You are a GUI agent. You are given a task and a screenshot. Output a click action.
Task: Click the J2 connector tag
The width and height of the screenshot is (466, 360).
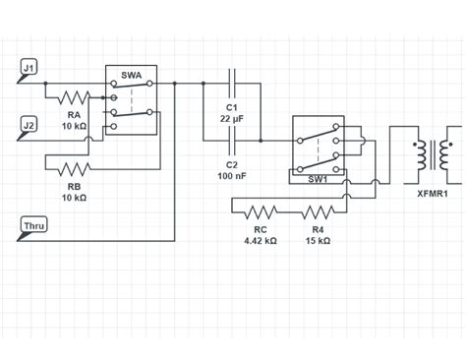pyautogui.click(x=29, y=125)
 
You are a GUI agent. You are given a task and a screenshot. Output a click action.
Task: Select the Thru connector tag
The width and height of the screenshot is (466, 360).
pyautogui.click(x=33, y=226)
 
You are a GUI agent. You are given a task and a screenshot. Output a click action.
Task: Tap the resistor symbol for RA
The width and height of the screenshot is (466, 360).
pyautogui.click(x=74, y=97)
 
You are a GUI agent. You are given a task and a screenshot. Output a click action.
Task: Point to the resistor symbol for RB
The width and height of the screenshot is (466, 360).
pyautogui.click(x=74, y=169)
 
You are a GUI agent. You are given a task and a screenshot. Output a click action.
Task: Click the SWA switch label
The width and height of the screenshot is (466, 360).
pyautogui.click(x=131, y=75)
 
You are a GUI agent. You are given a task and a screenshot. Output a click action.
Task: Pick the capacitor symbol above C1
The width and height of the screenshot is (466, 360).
pyautogui.click(x=232, y=84)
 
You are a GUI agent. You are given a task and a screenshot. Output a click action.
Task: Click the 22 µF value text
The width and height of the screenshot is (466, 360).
pyautogui.click(x=232, y=118)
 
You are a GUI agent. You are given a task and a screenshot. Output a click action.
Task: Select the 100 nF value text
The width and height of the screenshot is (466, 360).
pyautogui.click(x=232, y=176)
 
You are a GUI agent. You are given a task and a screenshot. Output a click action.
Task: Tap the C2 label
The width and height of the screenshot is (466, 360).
pyautogui.click(x=232, y=164)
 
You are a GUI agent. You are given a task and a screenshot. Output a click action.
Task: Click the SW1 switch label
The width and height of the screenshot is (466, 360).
pyautogui.click(x=317, y=178)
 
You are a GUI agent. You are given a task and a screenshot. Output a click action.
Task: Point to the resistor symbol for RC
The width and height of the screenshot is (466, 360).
pyautogui.click(x=261, y=210)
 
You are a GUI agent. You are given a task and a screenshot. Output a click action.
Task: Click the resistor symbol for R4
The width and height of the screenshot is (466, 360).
pyautogui.click(x=317, y=210)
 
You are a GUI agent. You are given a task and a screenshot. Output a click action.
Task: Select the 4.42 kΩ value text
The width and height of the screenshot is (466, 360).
pyautogui.click(x=261, y=241)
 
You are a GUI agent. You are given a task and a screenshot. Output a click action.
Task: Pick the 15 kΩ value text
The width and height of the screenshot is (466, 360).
pyautogui.click(x=318, y=241)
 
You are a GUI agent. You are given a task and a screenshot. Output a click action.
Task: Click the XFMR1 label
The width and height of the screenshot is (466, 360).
pyautogui.click(x=433, y=195)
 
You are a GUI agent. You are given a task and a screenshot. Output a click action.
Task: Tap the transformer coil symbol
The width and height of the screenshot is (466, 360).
pyautogui.click(x=433, y=153)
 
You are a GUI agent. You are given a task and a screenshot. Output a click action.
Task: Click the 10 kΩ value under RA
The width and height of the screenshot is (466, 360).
pyautogui.click(x=75, y=127)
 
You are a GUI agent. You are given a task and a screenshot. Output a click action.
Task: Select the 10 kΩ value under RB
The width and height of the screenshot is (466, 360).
pyautogui.click(x=75, y=198)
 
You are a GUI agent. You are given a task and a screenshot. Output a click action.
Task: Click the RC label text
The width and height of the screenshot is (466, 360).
pyautogui.click(x=261, y=229)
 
